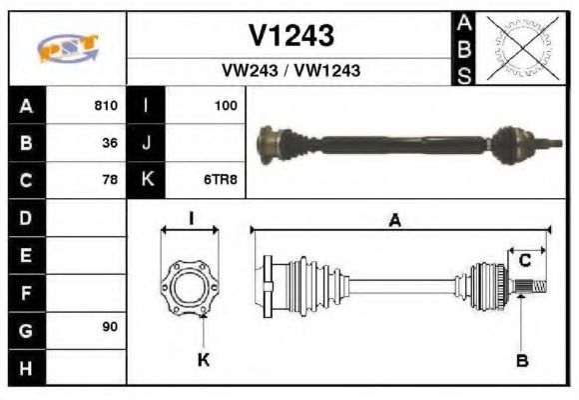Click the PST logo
(x=68, y=48)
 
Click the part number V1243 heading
(x=290, y=36)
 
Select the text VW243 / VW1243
(x=290, y=71)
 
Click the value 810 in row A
(x=105, y=105)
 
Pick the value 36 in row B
(x=109, y=143)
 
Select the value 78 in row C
(x=109, y=180)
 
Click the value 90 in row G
(x=109, y=328)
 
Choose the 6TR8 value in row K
(x=222, y=180)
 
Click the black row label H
(x=26, y=366)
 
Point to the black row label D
(x=26, y=217)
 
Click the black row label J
(x=146, y=143)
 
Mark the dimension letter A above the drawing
(x=395, y=222)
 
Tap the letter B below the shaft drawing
(x=521, y=360)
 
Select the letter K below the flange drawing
(x=203, y=360)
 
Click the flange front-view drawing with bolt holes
(x=190, y=285)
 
